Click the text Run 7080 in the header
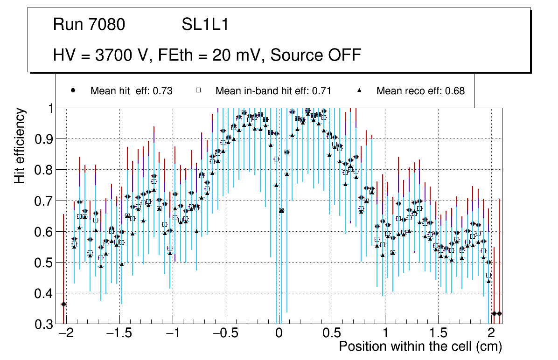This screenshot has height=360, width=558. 89,25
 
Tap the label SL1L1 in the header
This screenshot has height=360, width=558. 205,25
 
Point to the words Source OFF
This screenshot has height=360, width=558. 316,55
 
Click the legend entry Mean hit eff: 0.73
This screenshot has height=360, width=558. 131,91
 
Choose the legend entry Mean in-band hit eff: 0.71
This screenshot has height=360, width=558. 273,91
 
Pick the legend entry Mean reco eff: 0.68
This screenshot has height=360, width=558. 420,91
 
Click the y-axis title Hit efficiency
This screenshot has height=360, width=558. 20,145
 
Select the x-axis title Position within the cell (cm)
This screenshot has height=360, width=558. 420,346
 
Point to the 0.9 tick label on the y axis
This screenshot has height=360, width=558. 44,139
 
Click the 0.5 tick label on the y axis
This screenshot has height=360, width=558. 44,263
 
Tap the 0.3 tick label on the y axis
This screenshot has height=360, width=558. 44,324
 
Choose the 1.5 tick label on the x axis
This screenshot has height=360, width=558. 438,334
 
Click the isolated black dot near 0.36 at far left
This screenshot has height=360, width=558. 63,304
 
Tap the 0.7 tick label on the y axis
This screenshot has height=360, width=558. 44,201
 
